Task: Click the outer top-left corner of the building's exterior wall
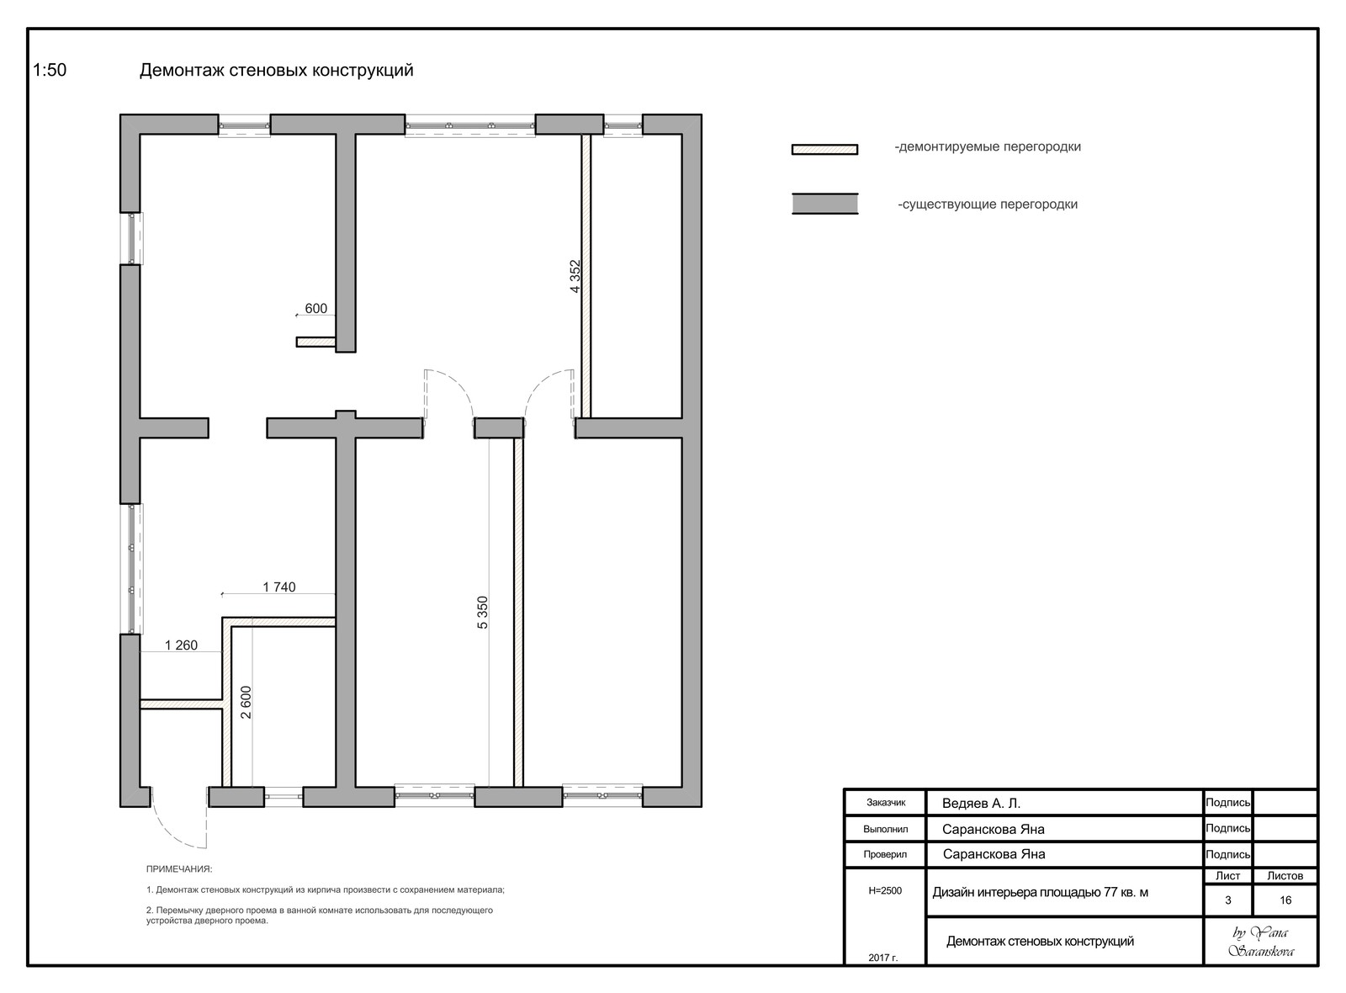(x=120, y=114)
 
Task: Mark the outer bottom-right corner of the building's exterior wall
(x=702, y=807)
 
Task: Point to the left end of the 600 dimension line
(x=296, y=315)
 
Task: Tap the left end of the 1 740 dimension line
(x=222, y=594)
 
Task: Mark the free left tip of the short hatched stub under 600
(x=297, y=342)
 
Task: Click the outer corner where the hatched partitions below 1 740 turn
(x=223, y=618)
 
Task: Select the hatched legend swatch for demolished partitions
(x=824, y=150)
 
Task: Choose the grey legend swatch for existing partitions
(x=824, y=204)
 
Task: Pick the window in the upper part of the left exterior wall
(x=132, y=238)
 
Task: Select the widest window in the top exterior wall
(x=470, y=126)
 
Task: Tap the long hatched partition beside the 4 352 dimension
(x=586, y=275)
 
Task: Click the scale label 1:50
(x=50, y=71)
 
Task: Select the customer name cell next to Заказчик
(x=1064, y=803)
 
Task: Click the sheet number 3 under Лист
(x=1227, y=900)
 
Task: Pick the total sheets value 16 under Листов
(x=1285, y=900)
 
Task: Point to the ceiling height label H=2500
(x=885, y=891)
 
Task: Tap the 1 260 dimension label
(x=181, y=645)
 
